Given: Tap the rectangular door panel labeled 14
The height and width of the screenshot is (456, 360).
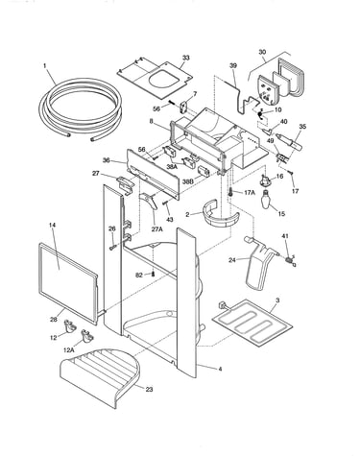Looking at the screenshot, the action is click(68, 283).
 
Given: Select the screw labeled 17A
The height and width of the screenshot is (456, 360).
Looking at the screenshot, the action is click(229, 192).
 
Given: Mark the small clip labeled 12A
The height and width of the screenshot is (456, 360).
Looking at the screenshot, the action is click(86, 336).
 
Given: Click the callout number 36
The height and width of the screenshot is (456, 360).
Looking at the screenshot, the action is click(115, 160).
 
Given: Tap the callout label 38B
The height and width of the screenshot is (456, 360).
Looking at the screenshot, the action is click(188, 181).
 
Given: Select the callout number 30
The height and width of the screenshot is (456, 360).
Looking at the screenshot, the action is click(262, 52).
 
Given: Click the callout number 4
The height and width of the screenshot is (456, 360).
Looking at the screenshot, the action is click(220, 369).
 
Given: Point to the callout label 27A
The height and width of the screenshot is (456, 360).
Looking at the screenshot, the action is click(157, 228).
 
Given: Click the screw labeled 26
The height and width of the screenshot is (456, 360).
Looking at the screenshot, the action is click(113, 248).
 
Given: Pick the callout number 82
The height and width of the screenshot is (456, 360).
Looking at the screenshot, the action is click(139, 275).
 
